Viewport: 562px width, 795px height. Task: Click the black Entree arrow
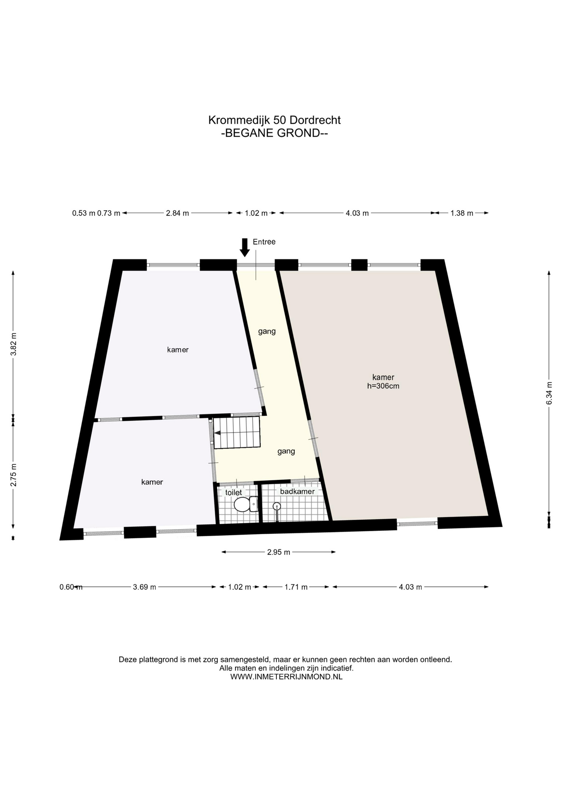(x=245, y=248)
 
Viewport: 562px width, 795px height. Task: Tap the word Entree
(x=264, y=242)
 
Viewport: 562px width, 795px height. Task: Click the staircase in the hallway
(x=237, y=432)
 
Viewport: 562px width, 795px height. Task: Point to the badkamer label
(x=297, y=491)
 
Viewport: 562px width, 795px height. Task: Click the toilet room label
(x=233, y=492)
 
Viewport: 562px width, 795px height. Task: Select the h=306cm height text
(x=383, y=386)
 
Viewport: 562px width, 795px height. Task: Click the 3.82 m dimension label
(x=13, y=344)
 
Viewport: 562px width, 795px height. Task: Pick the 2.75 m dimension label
(x=13, y=475)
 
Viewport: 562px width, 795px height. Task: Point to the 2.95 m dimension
(x=279, y=552)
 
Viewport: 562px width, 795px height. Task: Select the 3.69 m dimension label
(x=144, y=587)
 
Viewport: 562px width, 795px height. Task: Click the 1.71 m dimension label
(x=296, y=587)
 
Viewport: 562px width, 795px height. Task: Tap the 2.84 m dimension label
(x=178, y=213)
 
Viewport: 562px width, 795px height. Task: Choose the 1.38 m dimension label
(x=462, y=213)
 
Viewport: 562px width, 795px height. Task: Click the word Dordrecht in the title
(x=315, y=120)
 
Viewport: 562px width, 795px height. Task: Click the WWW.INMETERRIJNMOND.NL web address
(x=286, y=677)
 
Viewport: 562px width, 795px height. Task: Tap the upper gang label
(x=267, y=332)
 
